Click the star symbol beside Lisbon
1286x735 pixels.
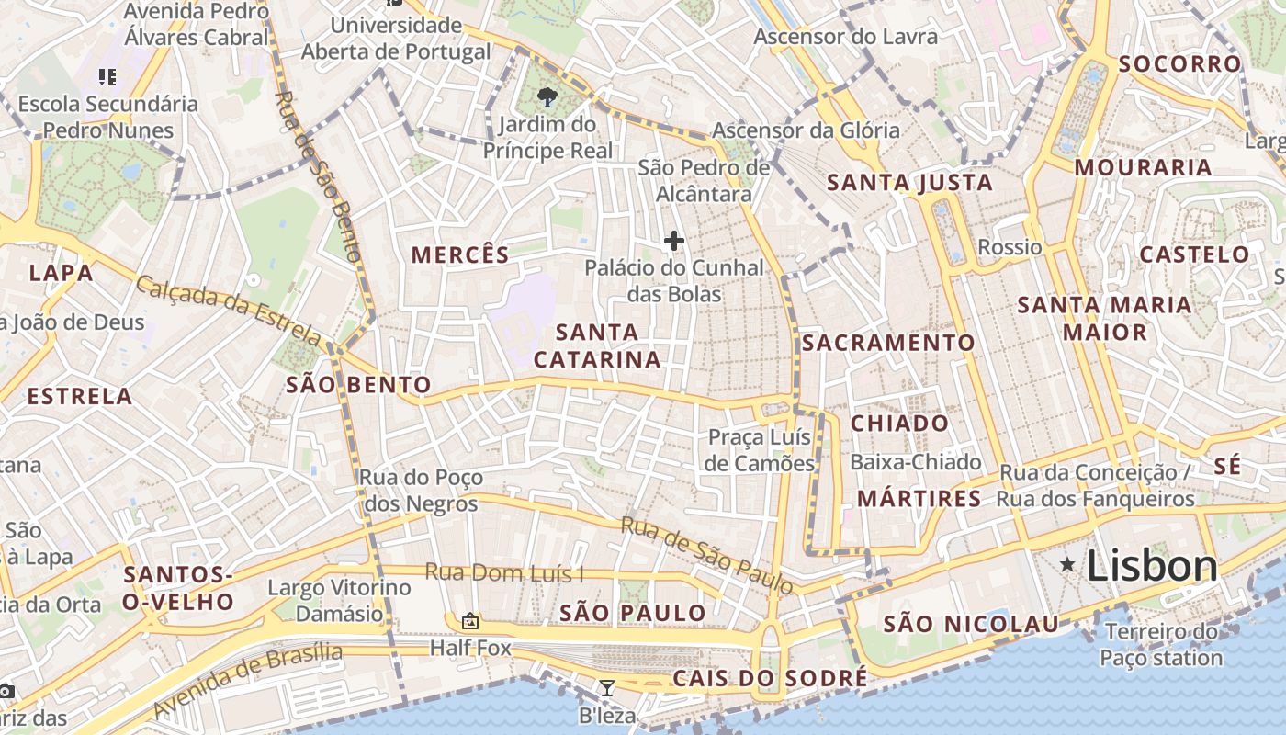click(1067, 564)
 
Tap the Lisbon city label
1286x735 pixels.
click(1152, 566)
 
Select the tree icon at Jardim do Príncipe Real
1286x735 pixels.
click(548, 96)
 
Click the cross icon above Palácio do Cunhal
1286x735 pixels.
click(674, 241)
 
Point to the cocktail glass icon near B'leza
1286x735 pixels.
click(607, 688)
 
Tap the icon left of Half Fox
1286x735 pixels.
click(470, 622)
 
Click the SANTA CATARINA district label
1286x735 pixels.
click(597, 345)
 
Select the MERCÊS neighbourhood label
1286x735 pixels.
click(460, 254)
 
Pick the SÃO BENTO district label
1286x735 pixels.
click(358, 384)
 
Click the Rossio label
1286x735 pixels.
click(1010, 247)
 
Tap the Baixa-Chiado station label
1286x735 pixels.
click(916, 462)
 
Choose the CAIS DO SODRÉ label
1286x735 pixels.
click(770, 679)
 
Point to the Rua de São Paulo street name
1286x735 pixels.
click(705, 554)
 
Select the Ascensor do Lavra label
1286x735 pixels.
click(845, 37)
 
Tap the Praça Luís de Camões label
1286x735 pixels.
click(760, 450)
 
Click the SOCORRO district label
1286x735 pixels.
click(1180, 63)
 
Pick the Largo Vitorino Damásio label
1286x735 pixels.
click(339, 600)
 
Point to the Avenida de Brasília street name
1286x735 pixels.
click(247, 681)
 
